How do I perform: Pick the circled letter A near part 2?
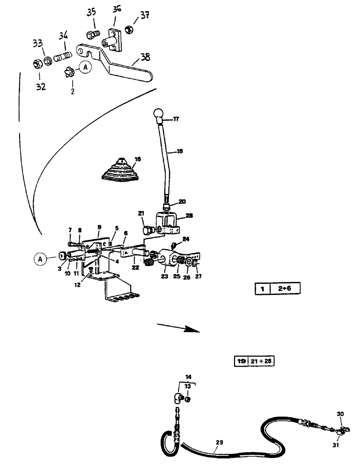(84, 67)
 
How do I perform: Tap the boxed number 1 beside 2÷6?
(262, 289)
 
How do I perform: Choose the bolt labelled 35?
(91, 34)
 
